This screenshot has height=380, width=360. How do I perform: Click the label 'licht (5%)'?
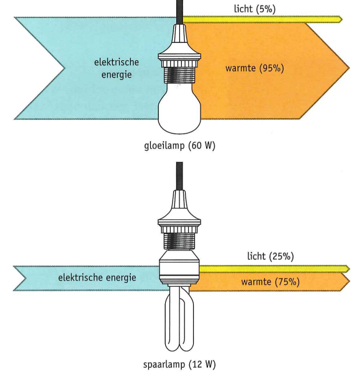pos(254,9)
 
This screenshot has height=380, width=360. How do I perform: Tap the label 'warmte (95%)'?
pos(254,68)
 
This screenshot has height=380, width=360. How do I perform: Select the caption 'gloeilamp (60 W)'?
pos(179,145)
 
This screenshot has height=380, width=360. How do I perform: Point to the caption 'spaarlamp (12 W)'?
pos(179,364)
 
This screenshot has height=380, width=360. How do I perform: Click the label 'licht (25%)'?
pos(271,256)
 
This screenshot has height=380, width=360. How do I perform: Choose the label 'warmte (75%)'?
pos(271,282)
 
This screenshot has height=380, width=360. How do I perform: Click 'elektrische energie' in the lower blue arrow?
pos(97,278)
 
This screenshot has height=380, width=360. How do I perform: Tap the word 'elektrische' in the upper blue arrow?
pos(116,62)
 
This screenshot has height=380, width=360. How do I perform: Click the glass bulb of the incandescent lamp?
pos(179,109)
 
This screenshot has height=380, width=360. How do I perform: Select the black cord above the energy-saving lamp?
pos(179,176)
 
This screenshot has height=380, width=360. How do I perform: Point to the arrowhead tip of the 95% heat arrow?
pos(349,68)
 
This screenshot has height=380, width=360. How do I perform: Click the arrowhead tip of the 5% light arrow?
pos(343,19)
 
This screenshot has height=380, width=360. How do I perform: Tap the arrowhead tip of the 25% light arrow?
pos(349,268)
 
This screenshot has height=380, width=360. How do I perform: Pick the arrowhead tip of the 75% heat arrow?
pos(349,282)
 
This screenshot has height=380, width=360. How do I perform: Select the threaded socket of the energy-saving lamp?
pos(179,241)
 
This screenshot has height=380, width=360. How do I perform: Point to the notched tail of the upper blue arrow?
pos(65,68)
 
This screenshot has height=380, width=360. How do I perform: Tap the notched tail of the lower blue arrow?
pos(25,278)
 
